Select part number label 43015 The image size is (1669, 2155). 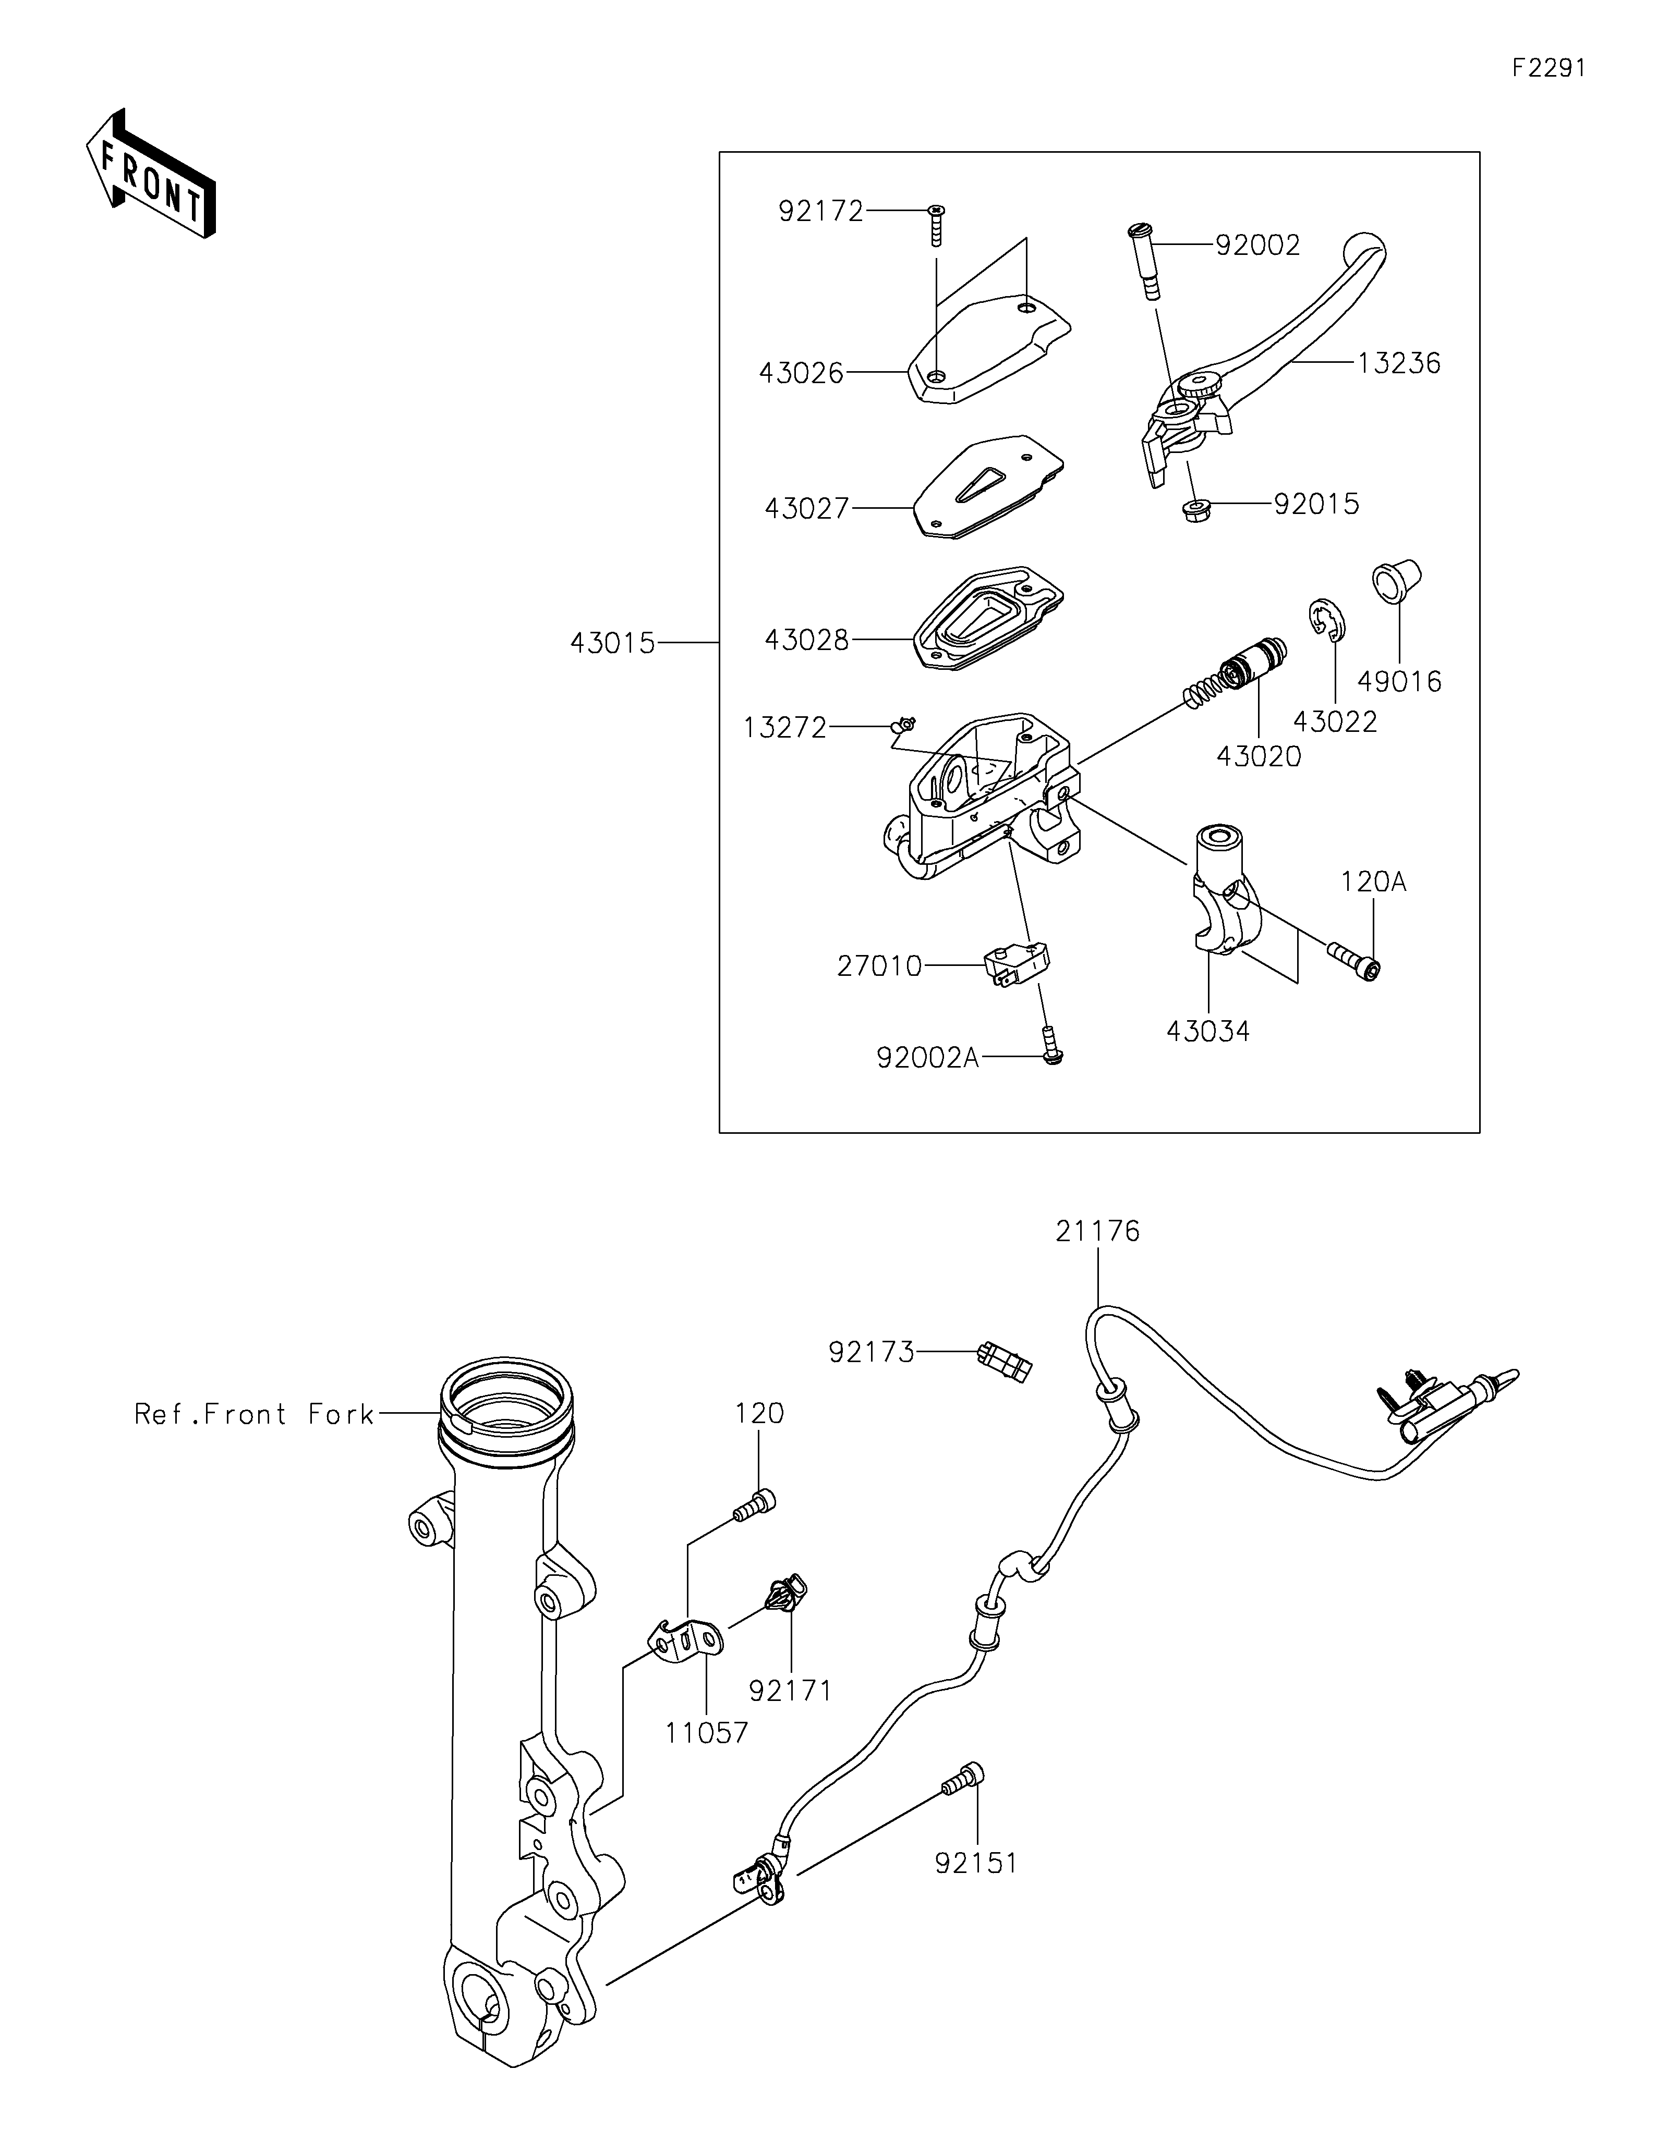612,643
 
